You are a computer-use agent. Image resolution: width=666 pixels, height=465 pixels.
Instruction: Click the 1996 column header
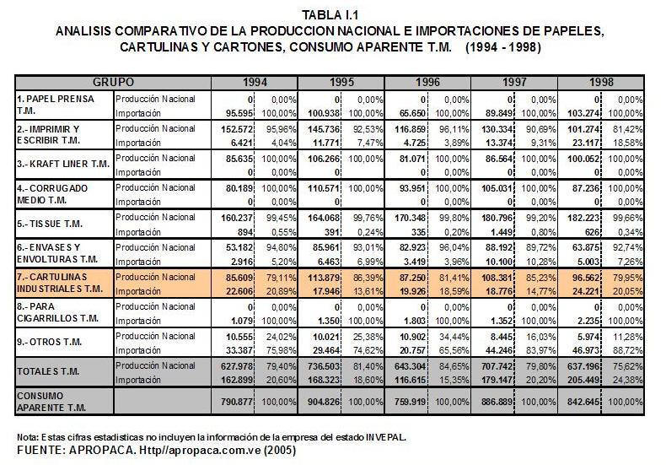point(427,82)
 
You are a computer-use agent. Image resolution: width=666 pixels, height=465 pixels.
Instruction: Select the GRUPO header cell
point(114,82)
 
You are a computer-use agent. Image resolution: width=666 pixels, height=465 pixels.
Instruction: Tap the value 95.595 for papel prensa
point(239,113)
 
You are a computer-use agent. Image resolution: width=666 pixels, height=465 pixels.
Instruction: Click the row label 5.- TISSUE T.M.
point(50,224)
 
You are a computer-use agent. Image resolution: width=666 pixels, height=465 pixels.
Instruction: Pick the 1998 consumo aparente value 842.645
point(584,402)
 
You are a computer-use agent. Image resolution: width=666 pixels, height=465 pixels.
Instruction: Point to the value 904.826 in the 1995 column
point(324,402)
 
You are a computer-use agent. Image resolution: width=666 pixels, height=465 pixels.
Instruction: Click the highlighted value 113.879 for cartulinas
point(324,278)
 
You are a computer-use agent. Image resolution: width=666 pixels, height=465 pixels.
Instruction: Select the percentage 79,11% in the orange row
point(281,278)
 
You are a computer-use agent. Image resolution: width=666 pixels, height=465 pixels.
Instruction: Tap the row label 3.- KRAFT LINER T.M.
point(64,164)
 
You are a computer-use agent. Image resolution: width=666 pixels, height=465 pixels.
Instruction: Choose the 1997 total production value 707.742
point(497,366)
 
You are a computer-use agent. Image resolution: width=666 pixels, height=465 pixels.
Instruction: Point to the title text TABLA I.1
point(330,15)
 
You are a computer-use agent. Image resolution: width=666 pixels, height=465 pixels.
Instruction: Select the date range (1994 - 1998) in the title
point(503,46)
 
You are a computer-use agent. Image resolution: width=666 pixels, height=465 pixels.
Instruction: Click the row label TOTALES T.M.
point(48,371)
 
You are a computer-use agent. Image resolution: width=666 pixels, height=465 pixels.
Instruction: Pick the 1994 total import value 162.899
point(238,380)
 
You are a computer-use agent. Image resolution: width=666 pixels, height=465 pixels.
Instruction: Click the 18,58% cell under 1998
point(628,143)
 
